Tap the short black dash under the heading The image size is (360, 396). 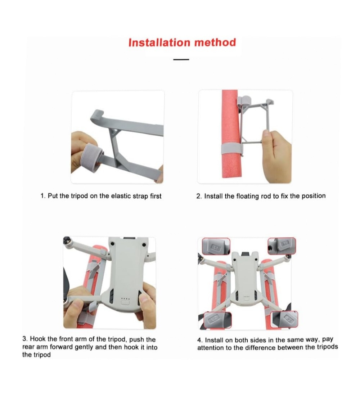[181, 60]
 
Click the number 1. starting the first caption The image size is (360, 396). [43, 196]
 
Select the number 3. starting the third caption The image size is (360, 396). [25, 339]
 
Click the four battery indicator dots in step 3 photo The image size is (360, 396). [125, 298]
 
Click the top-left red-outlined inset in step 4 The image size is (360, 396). [216, 246]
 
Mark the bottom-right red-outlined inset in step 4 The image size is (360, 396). [284, 319]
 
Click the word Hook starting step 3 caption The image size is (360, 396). [38, 339]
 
